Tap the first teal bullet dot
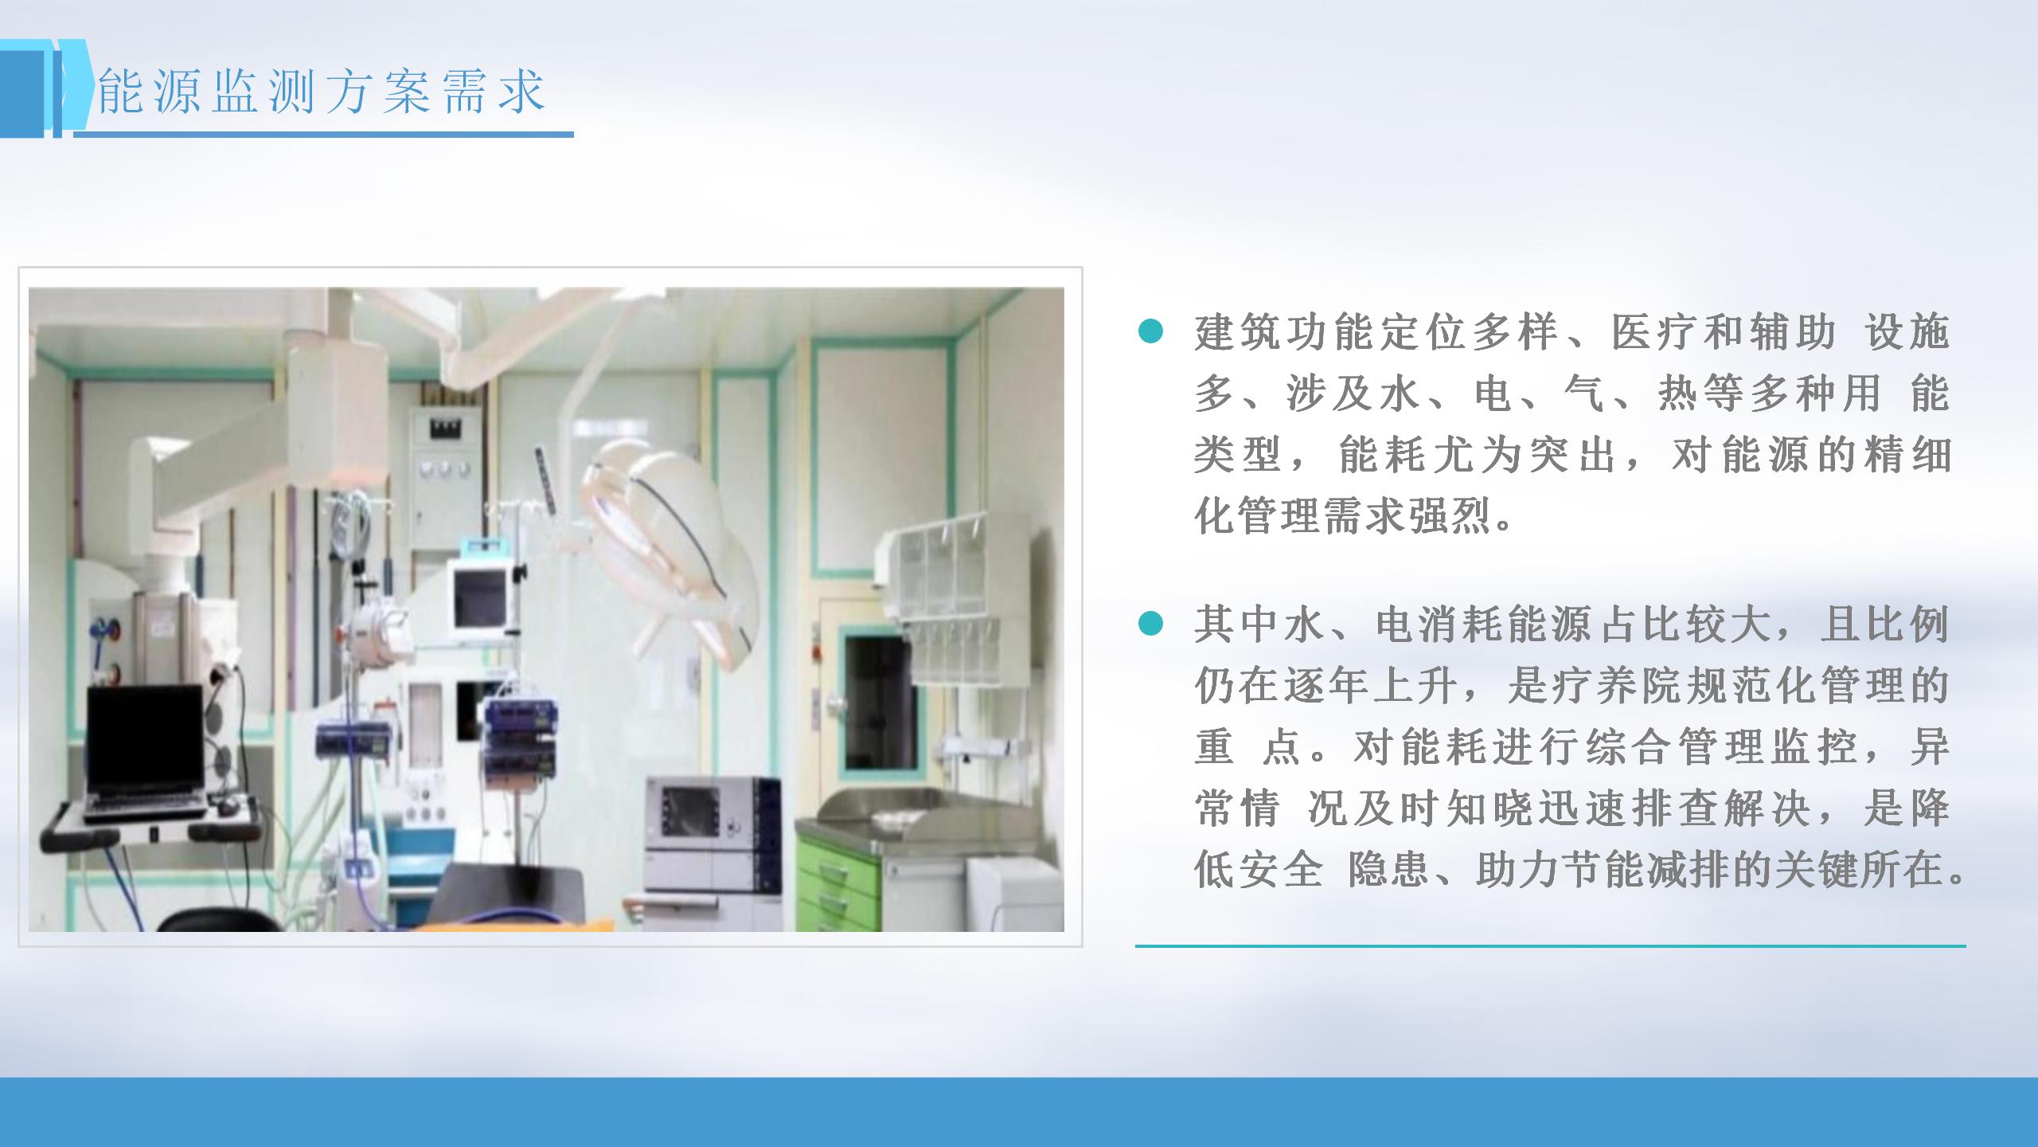1150,331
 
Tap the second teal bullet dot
1150,624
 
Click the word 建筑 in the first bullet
1240,332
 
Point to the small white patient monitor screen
480,597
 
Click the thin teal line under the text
1550,945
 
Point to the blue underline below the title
323,134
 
